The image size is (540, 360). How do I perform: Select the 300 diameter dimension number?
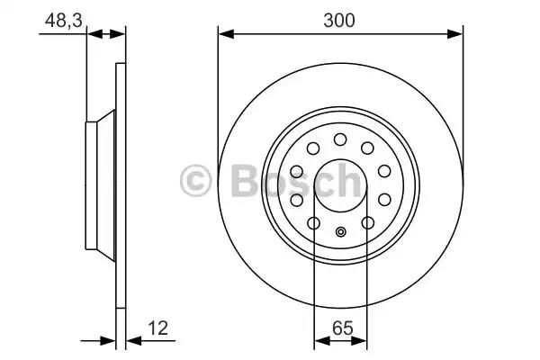(341, 18)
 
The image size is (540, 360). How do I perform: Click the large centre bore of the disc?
(341, 184)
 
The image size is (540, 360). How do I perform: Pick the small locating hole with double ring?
(341, 233)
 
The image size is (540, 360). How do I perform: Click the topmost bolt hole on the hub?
(341, 139)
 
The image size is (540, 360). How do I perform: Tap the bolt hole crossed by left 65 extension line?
(314, 223)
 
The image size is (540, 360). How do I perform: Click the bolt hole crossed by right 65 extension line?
(367, 223)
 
